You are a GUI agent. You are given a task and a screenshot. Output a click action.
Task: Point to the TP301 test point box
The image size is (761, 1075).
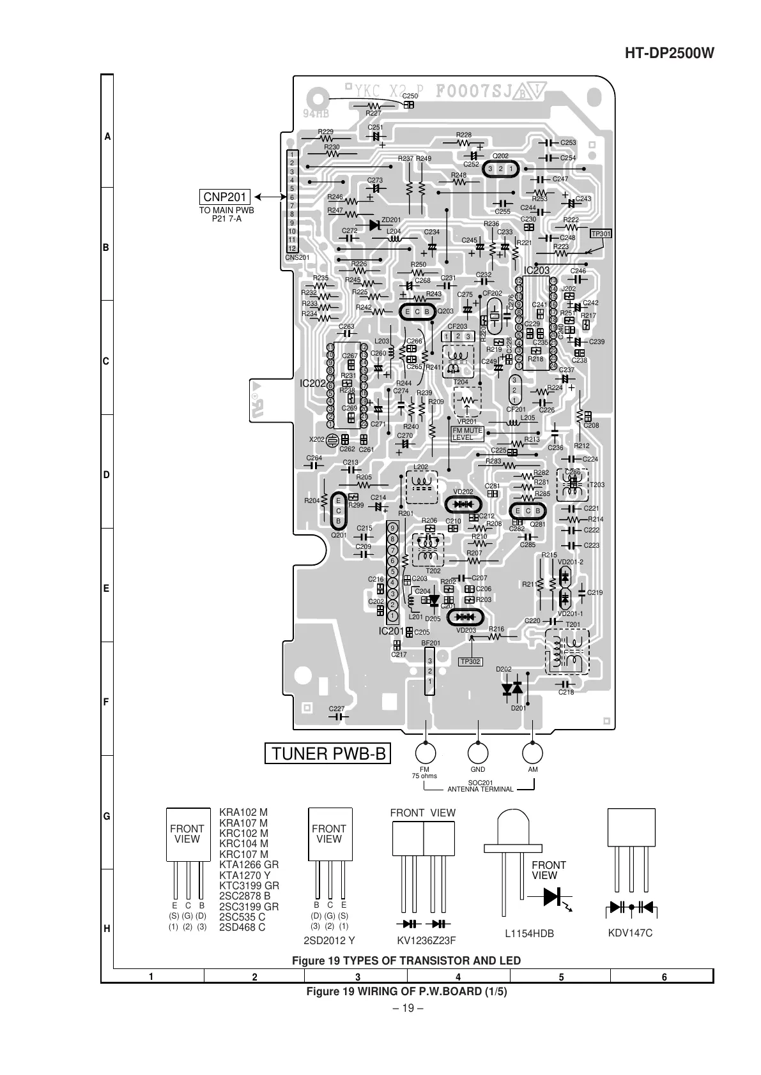click(x=601, y=234)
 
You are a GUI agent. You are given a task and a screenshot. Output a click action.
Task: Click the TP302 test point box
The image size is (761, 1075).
click(x=470, y=661)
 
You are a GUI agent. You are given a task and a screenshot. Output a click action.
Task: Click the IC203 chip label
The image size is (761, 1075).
click(x=537, y=271)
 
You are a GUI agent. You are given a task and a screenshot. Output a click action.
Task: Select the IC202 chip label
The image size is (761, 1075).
click(x=312, y=384)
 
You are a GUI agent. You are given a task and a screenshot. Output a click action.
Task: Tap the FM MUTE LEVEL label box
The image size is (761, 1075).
click(x=467, y=434)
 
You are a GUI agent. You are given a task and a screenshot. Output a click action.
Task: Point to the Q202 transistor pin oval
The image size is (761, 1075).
click(x=500, y=169)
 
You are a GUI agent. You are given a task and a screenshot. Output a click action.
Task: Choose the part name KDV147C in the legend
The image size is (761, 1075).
click(x=631, y=933)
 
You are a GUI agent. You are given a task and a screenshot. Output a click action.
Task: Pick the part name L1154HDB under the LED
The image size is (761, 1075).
click(x=528, y=934)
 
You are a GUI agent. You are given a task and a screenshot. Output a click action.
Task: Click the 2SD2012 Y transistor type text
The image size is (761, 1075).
click(x=328, y=940)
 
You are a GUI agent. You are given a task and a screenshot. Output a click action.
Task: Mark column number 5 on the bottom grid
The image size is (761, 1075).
click(x=560, y=977)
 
